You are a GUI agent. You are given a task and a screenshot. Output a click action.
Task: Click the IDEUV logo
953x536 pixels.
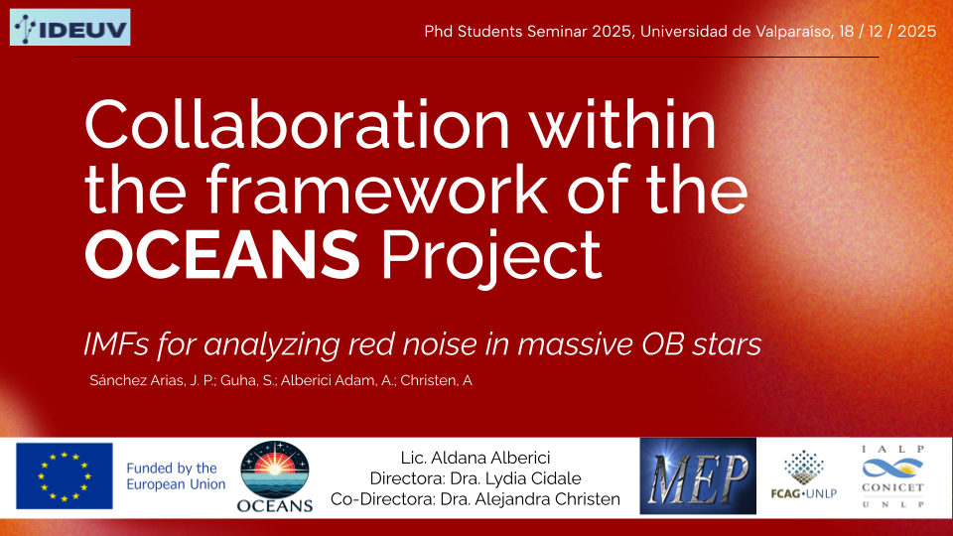click(69, 28)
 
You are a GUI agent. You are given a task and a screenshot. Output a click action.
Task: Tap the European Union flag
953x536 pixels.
click(65, 475)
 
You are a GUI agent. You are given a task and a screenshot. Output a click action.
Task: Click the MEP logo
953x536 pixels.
click(698, 475)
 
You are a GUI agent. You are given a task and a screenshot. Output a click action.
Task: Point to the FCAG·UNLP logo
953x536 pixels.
click(803, 474)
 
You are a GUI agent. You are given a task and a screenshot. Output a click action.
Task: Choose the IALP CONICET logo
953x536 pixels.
click(892, 476)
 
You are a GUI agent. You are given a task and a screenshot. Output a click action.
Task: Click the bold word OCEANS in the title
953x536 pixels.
click(222, 255)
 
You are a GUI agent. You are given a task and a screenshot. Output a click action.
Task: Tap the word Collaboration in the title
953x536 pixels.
click(297, 125)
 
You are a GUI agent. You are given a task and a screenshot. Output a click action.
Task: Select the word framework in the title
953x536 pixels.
click(376, 190)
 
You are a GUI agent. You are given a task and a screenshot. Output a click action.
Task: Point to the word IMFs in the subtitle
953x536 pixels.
click(116, 344)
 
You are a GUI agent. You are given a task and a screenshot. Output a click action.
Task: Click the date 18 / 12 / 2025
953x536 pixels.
click(887, 32)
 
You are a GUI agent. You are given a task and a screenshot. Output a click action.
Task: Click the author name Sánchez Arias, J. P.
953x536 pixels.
click(152, 380)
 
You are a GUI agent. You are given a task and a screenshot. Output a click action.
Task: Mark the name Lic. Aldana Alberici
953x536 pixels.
click(476, 458)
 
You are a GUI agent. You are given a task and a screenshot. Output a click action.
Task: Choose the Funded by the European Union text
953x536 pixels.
click(176, 475)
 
